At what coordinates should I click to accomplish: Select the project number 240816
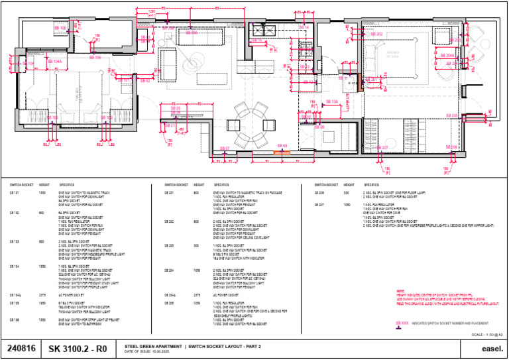[x=21, y=348]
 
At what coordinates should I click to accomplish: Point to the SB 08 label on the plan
[x=282, y=145]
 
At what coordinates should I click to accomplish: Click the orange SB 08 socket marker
[x=282, y=153]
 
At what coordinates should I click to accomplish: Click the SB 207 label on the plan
[x=382, y=148]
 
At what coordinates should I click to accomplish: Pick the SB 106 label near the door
[x=94, y=58]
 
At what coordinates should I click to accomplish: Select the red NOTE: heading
[x=400, y=291]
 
